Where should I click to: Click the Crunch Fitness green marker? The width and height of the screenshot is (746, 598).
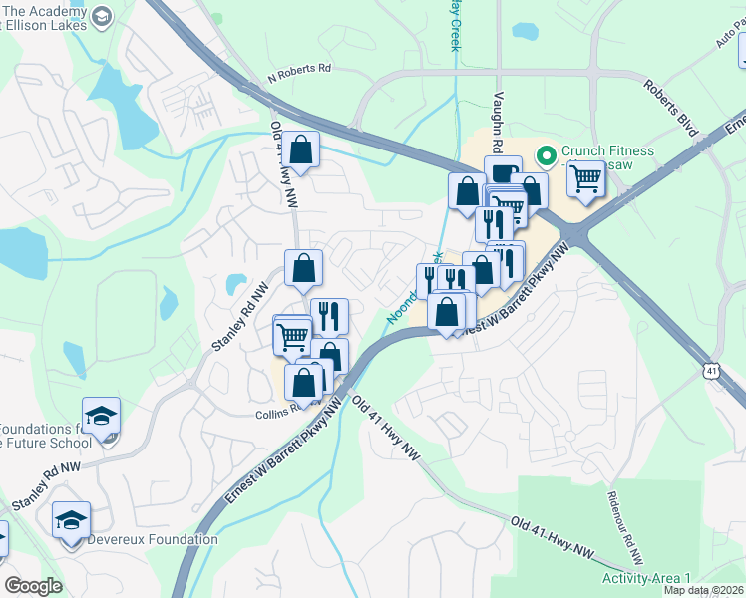click(546, 154)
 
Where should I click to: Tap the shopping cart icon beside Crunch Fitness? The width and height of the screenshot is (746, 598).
click(586, 179)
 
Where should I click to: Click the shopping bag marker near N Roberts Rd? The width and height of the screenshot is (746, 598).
click(300, 150)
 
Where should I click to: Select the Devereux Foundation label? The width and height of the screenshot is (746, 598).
click(153, 540)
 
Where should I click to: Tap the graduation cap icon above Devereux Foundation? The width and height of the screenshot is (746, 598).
click(71, 520)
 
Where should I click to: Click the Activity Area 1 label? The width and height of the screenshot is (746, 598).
click(647, 579)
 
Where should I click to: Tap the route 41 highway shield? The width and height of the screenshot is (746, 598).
click(710, 370)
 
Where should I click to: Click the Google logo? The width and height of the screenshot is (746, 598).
click(33, 586)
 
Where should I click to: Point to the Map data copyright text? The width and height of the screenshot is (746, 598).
click(704, 590)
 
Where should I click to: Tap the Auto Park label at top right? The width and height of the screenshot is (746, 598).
click(728, 40)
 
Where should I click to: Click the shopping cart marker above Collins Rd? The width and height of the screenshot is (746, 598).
click(292, 336)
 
